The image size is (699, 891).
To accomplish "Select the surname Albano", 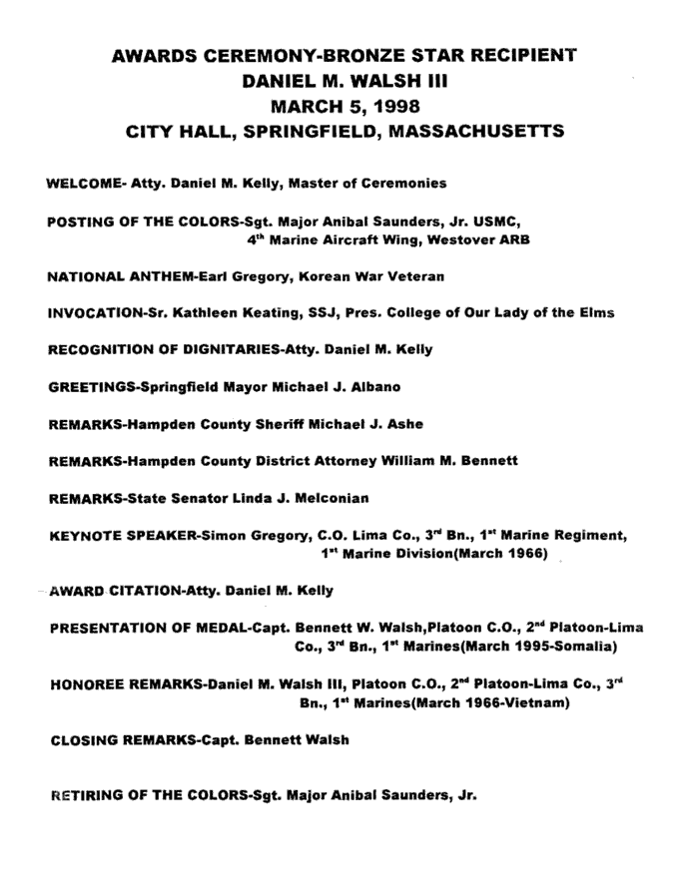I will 374,387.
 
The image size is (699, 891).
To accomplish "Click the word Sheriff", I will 271,424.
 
